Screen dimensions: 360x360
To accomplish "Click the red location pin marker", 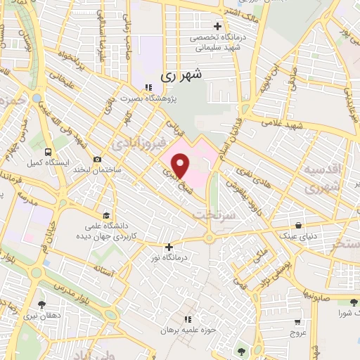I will point(181,166).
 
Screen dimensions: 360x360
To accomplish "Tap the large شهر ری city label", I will point(181,74).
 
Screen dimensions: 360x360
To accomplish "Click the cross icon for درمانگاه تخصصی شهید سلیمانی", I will point(218,26).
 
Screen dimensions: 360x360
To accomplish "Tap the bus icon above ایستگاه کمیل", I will point(47,152).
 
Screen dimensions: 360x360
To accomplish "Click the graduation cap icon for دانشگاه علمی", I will point(105,215).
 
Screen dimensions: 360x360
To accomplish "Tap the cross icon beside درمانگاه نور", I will point(169,247).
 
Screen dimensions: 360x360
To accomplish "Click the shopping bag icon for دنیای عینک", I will point(300,226).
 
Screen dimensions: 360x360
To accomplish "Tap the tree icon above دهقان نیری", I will point(44,304).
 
